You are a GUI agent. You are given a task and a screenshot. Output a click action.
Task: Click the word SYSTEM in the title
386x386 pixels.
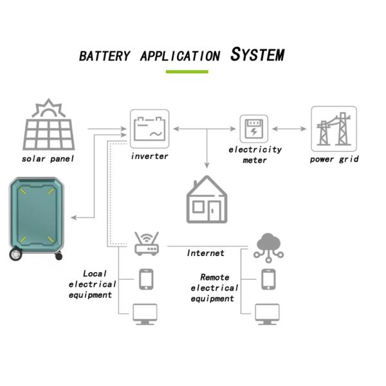click(x=257, y=55)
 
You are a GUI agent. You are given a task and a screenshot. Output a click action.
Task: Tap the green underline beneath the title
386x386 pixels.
click(x=187, y=71)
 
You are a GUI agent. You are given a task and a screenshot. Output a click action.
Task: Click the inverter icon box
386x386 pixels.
click(x=150, y=129)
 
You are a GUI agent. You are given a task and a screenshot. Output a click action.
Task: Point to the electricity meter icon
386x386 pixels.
click(x=253, y=129)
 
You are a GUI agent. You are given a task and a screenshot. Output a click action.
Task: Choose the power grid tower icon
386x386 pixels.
click(x=334, y=129)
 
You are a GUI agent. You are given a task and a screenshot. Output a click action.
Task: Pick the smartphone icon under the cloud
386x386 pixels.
click(x=268, y=280)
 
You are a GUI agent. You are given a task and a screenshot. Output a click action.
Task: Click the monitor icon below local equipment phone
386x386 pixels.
click(x=146, y=314)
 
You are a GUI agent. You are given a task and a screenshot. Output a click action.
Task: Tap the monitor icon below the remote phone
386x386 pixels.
click(x=268, y=314)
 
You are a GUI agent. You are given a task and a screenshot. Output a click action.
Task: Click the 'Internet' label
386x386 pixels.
click(x=206, y=253)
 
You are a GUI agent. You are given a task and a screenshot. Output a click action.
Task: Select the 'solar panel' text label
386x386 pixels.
click(x=47, y=159)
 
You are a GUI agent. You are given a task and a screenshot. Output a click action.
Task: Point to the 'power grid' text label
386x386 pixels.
click(x=334, y=159)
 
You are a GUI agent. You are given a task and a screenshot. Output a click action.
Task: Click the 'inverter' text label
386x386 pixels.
click(x=150, y=156)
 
